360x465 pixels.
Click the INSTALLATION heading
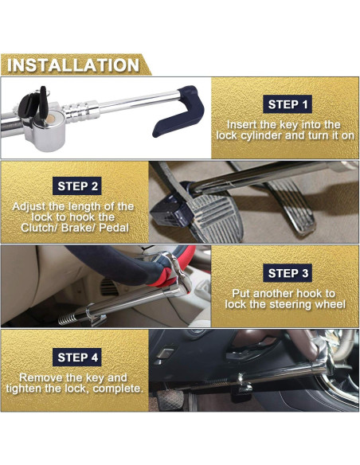coord(73,64)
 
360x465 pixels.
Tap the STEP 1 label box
coord(288,104)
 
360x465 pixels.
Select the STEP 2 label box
coord(78,186)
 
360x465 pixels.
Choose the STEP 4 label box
coord(78,357)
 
